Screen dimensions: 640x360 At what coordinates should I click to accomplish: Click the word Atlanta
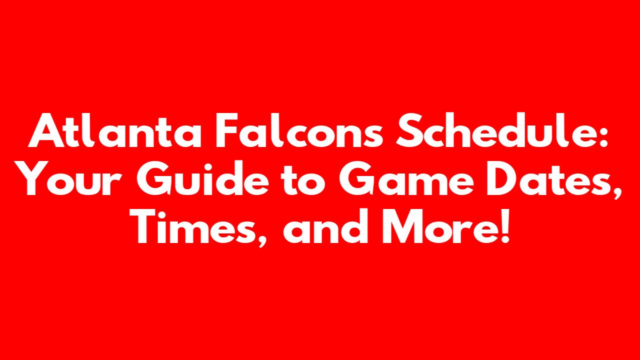coord(114,130)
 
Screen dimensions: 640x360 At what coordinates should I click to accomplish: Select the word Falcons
coord(299,130)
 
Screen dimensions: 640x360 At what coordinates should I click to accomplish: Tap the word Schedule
coord(495,130)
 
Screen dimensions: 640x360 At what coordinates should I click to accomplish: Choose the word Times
coord(193,226)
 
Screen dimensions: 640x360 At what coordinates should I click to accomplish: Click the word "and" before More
coord(325,226)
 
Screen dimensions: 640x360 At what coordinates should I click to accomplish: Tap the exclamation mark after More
coord(505,226)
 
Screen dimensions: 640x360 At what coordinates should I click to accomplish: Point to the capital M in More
coord(403,226)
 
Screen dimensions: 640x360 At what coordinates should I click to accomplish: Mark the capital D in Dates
coord(503,178)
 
